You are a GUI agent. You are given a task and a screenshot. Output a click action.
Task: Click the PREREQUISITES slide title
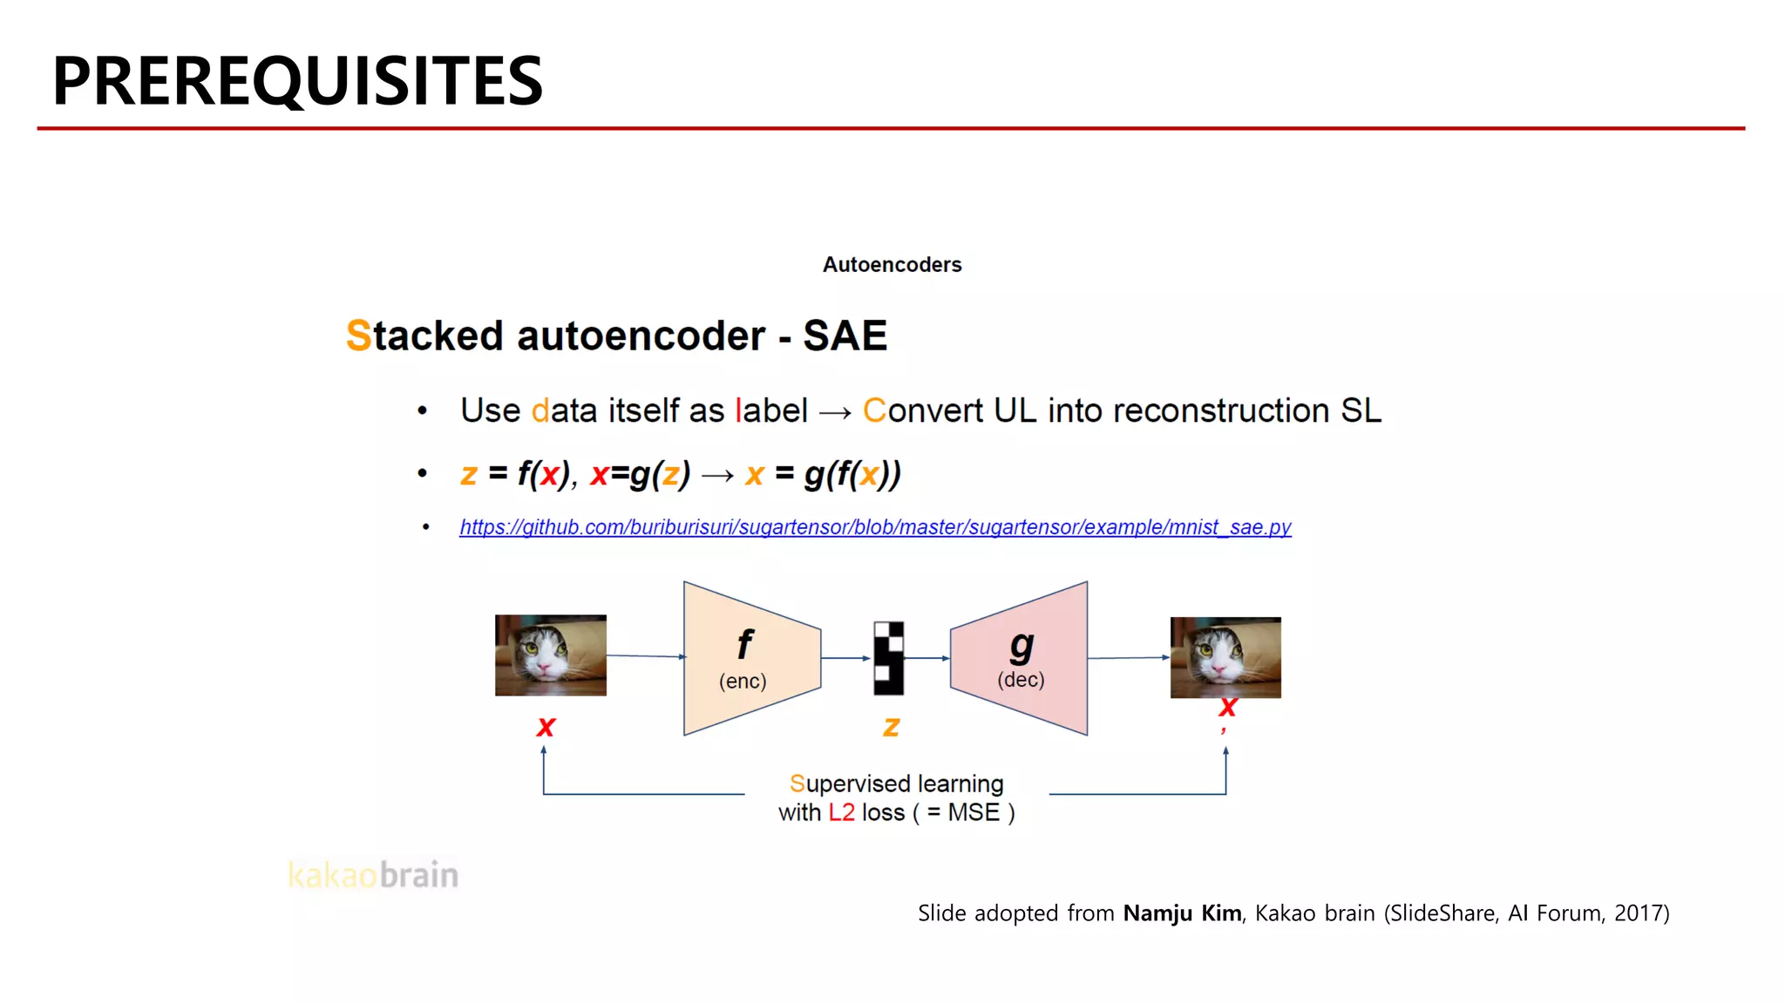297,81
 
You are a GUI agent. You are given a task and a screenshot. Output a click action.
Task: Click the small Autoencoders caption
892,265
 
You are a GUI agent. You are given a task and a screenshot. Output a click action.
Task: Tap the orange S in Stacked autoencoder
358,336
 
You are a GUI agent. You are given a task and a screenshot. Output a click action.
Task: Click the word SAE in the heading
845,336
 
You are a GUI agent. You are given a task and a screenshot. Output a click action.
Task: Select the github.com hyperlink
875,527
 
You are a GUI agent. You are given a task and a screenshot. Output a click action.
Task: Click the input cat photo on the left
550,655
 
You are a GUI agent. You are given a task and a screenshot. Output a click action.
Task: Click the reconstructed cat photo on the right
1225,658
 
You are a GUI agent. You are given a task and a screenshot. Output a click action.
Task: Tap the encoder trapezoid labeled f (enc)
750,658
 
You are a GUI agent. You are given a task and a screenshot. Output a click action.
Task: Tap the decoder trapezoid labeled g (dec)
1020,658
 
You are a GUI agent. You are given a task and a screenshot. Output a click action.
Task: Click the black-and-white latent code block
889,658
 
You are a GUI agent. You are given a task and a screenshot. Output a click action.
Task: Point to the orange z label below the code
891,726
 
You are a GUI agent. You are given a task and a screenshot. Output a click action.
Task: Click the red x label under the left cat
546,726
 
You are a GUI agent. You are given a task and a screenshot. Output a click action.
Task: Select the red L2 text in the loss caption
841,813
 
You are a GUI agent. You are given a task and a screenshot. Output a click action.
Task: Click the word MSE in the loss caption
974,813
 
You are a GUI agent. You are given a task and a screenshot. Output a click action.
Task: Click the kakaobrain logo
373,875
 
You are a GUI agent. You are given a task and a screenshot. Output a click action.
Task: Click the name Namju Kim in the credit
1182,913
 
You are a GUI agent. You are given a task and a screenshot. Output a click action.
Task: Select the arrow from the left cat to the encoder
645,656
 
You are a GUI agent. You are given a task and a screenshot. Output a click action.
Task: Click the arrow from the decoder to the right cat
1129,658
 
